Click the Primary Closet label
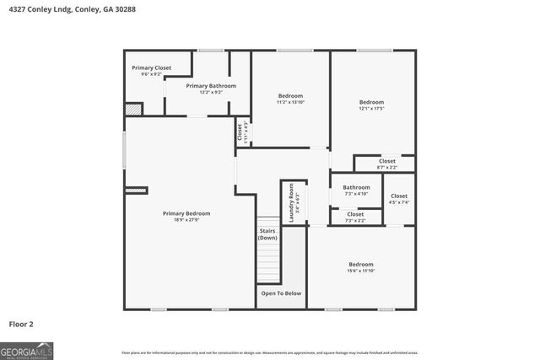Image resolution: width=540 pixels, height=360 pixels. click(151, 67)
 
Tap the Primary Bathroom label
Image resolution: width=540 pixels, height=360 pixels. click(211, 86)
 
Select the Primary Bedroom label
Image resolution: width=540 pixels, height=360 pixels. click(186, 213)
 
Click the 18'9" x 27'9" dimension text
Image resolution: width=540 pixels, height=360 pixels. click(186, 220)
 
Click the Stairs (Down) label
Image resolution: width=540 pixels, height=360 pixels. click(268, 234)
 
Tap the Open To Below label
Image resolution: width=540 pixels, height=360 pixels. click(281, 293)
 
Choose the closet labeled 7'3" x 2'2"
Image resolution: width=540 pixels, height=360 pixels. click(356, 217)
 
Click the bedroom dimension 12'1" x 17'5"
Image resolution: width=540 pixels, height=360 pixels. click(372, 108)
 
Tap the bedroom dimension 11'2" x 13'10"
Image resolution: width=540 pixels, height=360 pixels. click(290, 101)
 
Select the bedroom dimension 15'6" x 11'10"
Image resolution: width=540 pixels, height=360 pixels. click(361, 271)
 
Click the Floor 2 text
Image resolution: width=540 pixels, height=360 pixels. click(21, 324)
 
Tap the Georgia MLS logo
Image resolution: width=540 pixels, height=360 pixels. click(27, 347)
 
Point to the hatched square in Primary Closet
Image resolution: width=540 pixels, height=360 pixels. click(132, 109)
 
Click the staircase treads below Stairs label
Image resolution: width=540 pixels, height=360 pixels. click(268, 261)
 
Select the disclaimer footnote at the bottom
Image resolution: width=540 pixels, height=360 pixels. click(270, 352)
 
